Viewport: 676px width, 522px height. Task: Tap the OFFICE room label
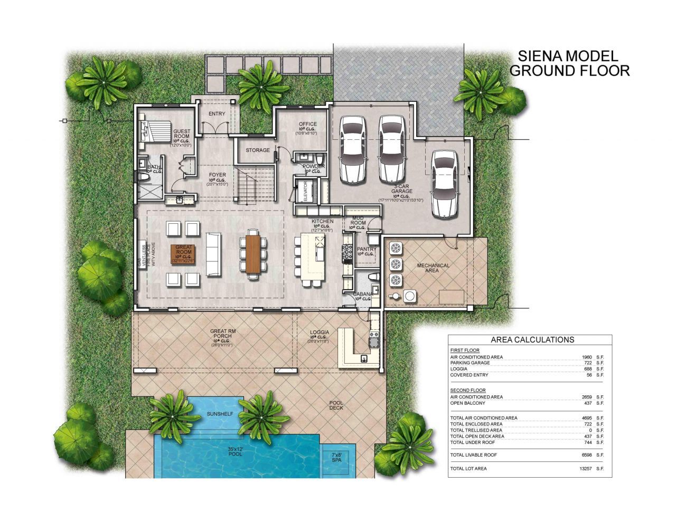(308, 125)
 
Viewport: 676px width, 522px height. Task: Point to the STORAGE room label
(258, 150)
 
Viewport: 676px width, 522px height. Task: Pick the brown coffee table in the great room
(183, 254)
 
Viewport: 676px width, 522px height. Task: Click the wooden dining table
(253, 253)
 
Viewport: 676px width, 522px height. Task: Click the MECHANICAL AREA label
(433, 268)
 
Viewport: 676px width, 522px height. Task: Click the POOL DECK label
(336, 404)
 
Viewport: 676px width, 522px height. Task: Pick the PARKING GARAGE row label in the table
(470, 363)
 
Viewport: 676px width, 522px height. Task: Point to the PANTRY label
(367, 249)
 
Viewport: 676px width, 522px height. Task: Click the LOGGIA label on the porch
(320, 333)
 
